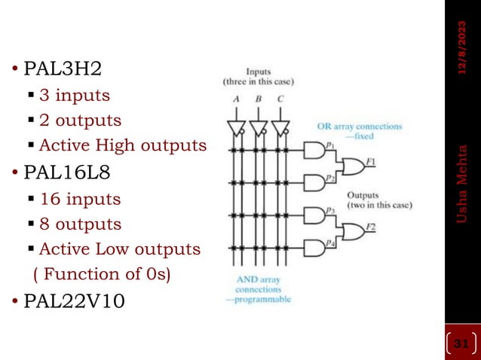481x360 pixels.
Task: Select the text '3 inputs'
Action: pos(74,96)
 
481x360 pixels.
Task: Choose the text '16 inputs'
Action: pos(79,200)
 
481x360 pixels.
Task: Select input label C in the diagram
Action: pos(280,99)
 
